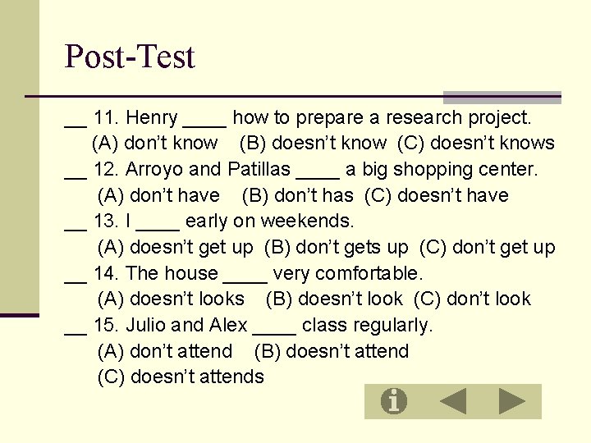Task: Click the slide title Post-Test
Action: tap(130, 57)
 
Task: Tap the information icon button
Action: tap(394, 401)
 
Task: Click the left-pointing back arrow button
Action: tap(453, 401)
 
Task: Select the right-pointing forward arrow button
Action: tap(512, 401)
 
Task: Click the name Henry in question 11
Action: tap(152, 118)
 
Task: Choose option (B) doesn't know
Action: tap(313, 144)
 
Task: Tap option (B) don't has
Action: tap(297, 196)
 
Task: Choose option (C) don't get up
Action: tap(488, 248)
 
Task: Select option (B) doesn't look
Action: tap(334, 299)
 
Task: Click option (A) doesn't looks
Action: tap(171, 299)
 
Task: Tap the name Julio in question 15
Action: tap(148, 326)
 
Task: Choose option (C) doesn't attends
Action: tap(181, 377)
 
